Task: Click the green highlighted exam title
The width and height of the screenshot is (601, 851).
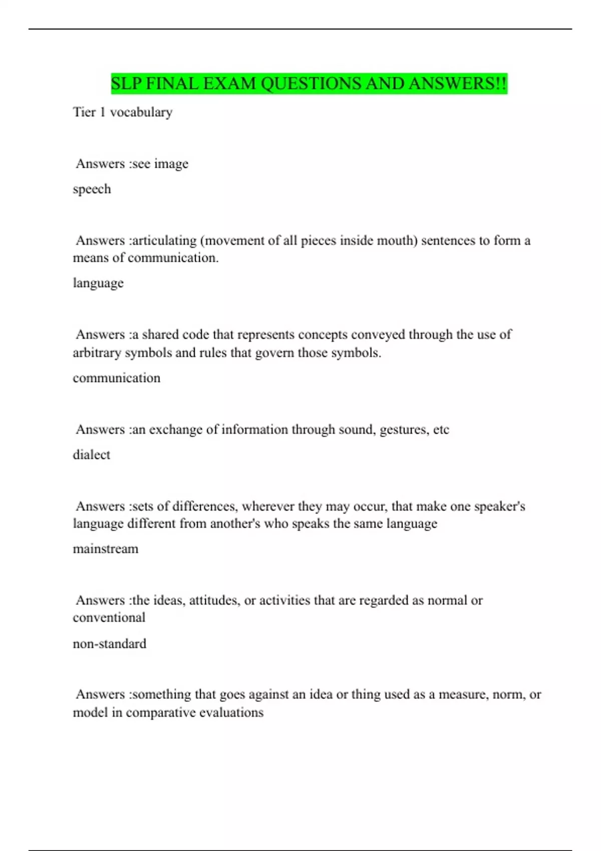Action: tap(309, 84)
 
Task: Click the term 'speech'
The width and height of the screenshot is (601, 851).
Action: tap(92, 189)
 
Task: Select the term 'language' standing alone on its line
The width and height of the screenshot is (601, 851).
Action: tap(98, 283)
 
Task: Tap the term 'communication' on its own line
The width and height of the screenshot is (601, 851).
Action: tap(117, 378)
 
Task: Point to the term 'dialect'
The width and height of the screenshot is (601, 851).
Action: tap(91, 455)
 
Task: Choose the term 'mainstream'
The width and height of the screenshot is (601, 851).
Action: tap(106, 549)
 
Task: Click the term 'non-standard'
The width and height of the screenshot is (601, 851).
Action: tap(110, 643)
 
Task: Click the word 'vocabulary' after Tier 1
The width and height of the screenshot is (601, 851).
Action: tap(141, 112)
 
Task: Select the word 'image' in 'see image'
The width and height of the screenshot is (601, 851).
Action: tap(171, 164)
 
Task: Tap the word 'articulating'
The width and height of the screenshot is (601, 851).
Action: tap(165, 241)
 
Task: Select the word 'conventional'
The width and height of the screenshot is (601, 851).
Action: tap(109, 618)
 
